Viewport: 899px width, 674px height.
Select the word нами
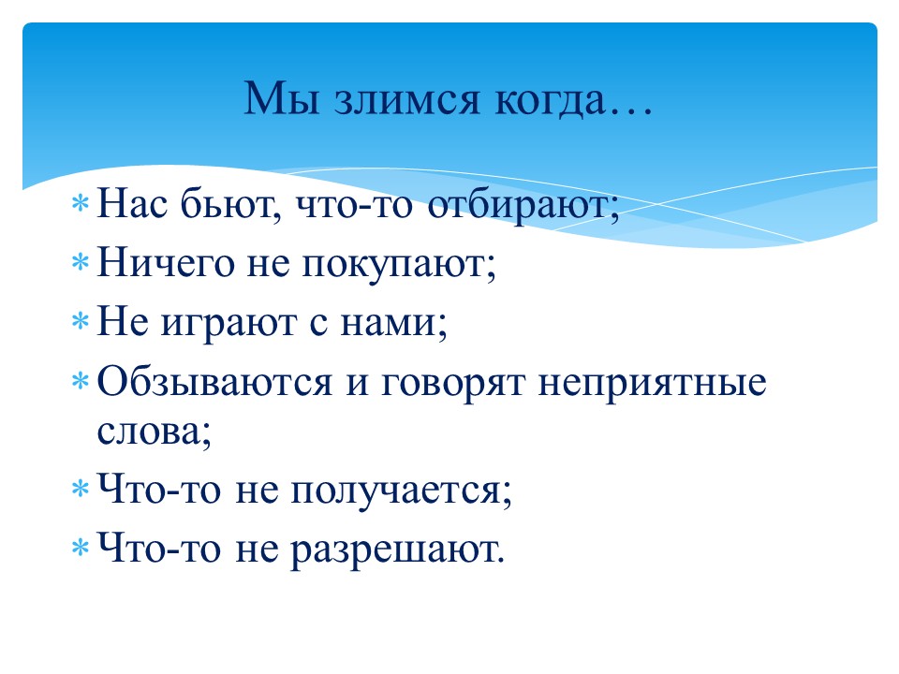click(x=389, y=323)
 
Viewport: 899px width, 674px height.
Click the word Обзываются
click(x=215, y=381)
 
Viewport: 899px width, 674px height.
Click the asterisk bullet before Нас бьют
click(x=81, y=204)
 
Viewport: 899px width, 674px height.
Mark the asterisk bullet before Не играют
click(x=81, y=321)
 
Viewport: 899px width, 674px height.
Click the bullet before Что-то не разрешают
click(x=81, y=548)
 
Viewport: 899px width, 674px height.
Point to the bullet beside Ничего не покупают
click(x=81, y=262)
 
